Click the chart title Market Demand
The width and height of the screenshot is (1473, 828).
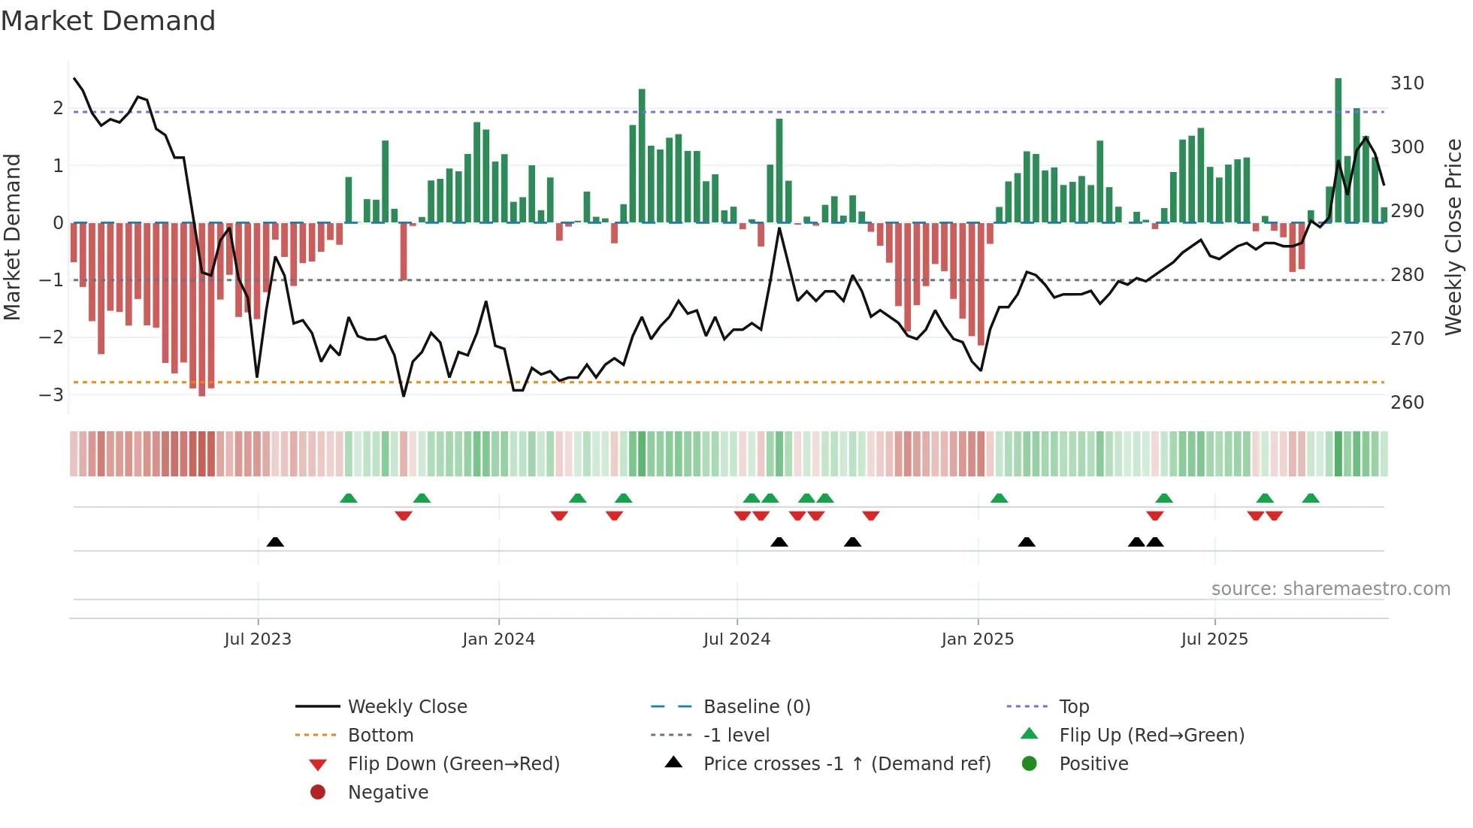click(x=108, y=21)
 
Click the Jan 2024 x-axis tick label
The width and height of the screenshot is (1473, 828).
click(x=498, y=639)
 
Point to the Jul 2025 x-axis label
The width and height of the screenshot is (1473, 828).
click(x=1214, y=639)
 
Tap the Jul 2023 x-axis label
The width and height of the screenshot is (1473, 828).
click(x=258, y=639)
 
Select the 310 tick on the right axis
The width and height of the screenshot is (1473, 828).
click(x=1407, y=83)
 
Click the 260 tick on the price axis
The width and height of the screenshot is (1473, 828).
click(x=1407, y=403)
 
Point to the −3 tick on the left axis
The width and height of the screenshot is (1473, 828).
click(x=52, y=394)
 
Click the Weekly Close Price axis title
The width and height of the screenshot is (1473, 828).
click(x=1453, y=237)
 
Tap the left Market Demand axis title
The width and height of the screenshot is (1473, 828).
click(x=13, y=237)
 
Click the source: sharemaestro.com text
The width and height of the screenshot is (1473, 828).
click(x=1330, y=589)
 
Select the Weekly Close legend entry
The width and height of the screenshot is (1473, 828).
click(x=407, y=707)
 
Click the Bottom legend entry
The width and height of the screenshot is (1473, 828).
click(x=380, y=736)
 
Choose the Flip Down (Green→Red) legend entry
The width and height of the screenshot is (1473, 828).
click(x=453, y=764)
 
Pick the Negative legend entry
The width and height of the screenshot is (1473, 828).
click(x=388, y=793)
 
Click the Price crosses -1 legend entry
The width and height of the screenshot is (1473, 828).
click(x=846, y=764)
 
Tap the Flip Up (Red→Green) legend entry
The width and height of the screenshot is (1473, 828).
click(x=1151, y=736)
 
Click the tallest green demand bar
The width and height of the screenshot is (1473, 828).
click(x=1338, y=150)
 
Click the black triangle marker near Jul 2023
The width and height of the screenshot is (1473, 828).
click(x=275, y=542)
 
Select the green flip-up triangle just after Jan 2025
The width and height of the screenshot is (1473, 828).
click(x=999, y=498)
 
